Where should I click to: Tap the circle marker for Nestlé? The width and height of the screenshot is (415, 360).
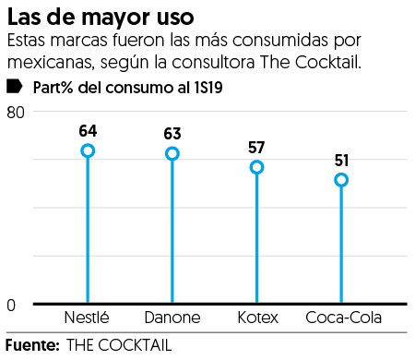pos(88,150)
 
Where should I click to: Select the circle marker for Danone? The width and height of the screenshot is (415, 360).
pos(172,153)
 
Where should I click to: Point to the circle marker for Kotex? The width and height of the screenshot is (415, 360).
pos(256,167)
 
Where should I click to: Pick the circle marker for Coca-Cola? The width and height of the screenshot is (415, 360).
pos(341,180)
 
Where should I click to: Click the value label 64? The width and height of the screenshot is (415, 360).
pos(88,130)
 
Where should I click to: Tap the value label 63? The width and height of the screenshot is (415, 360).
pos(172,133)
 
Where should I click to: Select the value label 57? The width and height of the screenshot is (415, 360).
pos(256,147)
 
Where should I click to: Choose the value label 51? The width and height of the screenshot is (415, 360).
pos(341,160)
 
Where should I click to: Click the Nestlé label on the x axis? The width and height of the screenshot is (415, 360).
pos(88,318)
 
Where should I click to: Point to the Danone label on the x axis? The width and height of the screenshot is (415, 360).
pos(172,318)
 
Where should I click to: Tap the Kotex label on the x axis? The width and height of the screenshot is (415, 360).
pos(256,318)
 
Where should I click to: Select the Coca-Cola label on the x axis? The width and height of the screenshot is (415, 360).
pos(341,318)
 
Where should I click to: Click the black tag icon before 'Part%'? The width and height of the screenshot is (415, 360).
pos(14,87)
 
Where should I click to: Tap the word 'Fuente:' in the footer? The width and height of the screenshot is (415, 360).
pos(30,346)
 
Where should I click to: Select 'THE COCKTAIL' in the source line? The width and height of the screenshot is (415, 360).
pos(118,346)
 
